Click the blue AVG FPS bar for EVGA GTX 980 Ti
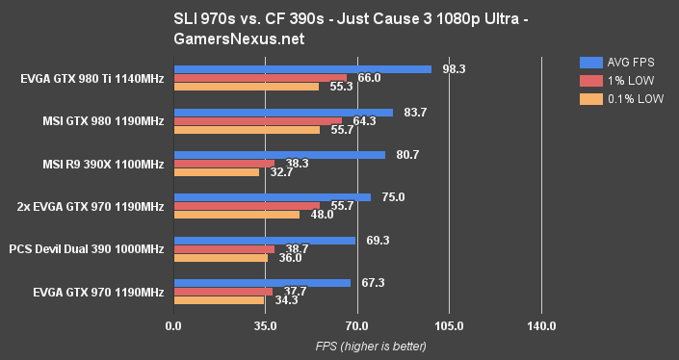301,69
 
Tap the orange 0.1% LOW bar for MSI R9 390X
216,172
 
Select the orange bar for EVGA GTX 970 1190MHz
218,299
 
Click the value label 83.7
416,112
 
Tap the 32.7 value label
282,172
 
